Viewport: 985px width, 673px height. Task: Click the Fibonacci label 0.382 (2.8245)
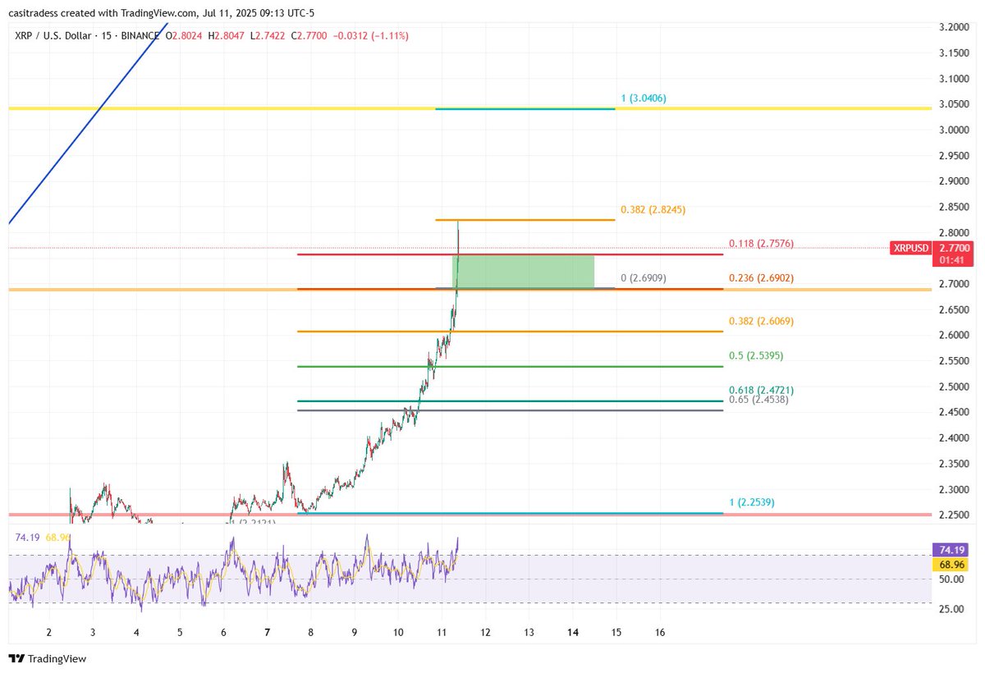[x=653, y=210]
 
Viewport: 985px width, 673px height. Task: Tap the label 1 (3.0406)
[x=643, y=98]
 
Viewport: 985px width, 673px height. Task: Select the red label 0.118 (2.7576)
[x=761, y=245]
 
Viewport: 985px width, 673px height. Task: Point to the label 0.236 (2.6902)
[x=761, y=279]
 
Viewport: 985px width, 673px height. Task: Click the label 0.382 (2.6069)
[x=761, y=322]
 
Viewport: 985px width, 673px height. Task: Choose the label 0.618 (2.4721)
[x=761, y=390]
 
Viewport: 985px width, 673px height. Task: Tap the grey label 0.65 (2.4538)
[x=758, y=400]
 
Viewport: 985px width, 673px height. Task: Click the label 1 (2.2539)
[x=751, y=502]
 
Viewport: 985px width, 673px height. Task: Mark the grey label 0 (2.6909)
[x=643, y=279]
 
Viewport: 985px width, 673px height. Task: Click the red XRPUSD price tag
[x=910, y=248]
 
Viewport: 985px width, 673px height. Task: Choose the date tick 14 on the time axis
[x=573, y=633]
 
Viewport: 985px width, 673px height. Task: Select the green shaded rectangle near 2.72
[x=523, y=272]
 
